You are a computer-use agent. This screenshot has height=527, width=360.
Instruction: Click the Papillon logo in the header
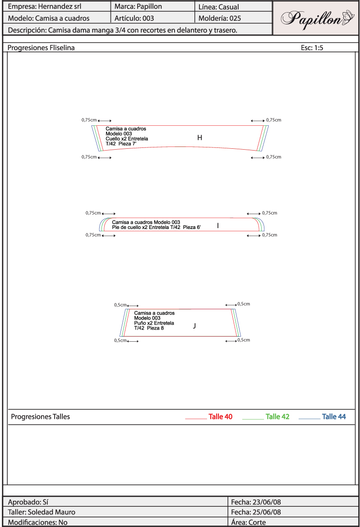pos(316,18)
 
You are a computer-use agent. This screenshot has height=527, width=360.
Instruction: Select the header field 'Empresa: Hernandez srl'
pos(45,7)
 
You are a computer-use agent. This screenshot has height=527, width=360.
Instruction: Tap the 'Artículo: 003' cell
pos(134,18)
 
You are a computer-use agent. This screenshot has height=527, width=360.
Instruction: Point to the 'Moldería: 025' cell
pos(220,18)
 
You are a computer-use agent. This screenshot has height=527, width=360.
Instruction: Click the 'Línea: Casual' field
pos(219,7)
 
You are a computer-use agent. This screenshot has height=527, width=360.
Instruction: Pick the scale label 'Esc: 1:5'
pos(312,48)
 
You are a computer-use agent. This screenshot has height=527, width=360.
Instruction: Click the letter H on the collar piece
pos(199,137)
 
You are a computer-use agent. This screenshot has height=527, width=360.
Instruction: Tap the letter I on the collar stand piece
pos(218,225)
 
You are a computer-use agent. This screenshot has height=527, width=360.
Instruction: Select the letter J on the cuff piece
pos(194,325)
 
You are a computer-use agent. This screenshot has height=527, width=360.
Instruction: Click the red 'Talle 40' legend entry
pos(220,417)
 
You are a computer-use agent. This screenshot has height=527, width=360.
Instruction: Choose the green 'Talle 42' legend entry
pos(277,417)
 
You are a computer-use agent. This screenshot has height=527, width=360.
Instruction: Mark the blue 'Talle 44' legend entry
pos(334,417)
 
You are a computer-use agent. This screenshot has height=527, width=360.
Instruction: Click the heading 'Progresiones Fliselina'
pos(42,48)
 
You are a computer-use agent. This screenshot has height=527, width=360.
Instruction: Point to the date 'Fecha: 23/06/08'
pos(256,502)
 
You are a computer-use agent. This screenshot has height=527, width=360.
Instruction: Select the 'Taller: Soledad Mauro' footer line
pos(42,512)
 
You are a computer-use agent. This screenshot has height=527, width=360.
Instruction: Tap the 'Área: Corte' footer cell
pos(248,522)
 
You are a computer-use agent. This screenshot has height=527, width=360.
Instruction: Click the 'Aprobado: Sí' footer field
pos(28,502)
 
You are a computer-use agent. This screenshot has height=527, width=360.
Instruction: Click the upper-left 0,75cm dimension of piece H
pos(89,120)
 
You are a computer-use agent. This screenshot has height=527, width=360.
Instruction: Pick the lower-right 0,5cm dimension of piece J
pos(244,340)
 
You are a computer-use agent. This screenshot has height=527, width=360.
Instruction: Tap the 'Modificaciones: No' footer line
pos(38,522)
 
